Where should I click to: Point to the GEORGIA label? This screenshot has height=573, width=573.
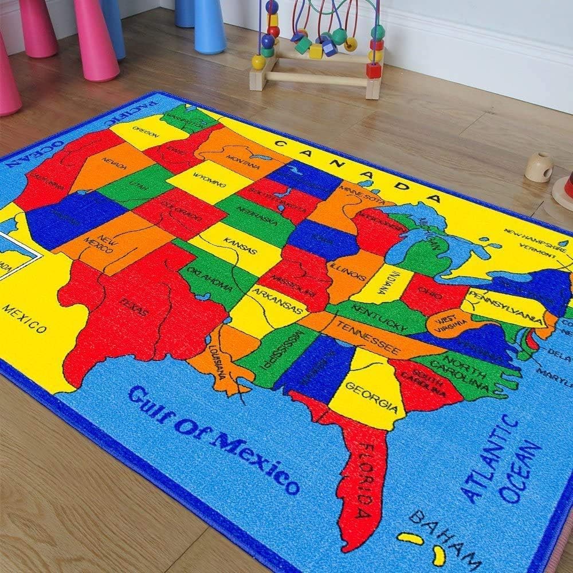pos(371,397)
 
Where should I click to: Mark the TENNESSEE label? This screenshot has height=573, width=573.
pos(367,338)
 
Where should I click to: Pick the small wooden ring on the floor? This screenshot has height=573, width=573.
pos(539,167)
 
